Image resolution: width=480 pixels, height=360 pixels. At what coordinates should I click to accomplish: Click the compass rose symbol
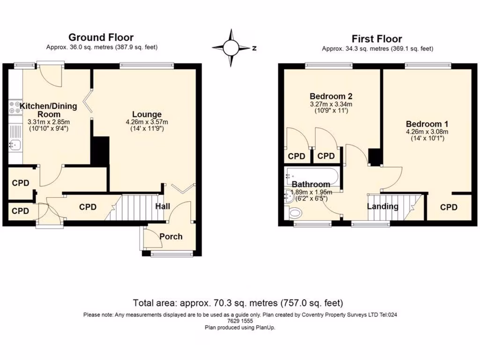point(231,48)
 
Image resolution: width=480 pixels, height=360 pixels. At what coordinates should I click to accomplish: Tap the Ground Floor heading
point(101,37)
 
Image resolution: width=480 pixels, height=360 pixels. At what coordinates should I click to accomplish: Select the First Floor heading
point(377,39)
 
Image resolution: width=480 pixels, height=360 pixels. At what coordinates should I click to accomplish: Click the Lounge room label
point(147,114)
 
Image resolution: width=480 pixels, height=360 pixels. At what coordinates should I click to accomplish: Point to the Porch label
point(171,236)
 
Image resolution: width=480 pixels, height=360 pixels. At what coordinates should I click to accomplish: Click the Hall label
point(162,206)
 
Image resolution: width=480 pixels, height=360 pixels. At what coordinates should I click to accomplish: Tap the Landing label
point(382,206)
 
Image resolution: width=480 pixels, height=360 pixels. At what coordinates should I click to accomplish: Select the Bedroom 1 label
point(427,124)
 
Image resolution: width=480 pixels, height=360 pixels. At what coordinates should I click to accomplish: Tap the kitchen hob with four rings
point(14,108)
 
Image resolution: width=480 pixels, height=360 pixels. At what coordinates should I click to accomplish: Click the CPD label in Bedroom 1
point(449,207)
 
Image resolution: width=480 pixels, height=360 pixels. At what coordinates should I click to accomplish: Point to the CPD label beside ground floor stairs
point(88,207)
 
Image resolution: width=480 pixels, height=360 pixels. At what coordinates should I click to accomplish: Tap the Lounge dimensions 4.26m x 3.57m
point(147,122)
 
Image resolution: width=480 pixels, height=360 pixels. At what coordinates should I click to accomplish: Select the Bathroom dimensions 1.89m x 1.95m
point(311,192)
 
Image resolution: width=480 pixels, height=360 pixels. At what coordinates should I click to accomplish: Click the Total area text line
point(238,302)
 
